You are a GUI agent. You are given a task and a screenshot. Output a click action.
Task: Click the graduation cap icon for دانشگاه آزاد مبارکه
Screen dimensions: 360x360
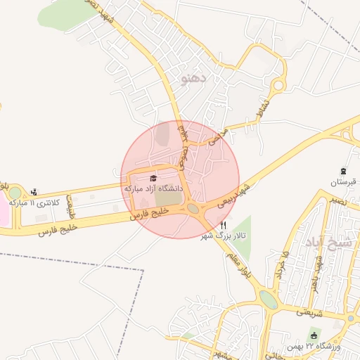(x=154, y=177)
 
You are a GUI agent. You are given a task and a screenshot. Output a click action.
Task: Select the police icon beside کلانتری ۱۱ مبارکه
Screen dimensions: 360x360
(x=34, y=191)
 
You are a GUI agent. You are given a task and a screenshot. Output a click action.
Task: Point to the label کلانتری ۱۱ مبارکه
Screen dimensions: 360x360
(x=26, y=202)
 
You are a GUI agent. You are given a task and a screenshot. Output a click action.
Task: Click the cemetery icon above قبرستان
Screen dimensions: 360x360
(x=343, y=171)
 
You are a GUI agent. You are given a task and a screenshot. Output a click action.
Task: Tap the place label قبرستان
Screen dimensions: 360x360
(x=344, y=182)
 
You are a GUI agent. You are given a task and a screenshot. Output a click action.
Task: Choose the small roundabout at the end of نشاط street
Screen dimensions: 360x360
(x=279, y=86)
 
